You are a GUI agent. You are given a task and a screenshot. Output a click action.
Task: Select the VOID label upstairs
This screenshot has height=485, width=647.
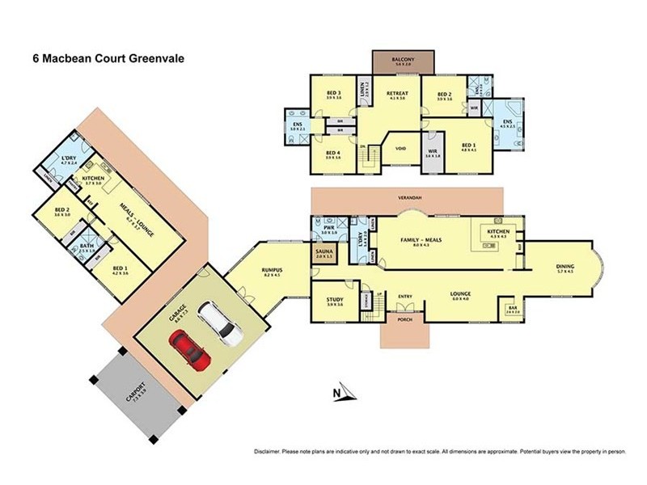(x=400, y=149)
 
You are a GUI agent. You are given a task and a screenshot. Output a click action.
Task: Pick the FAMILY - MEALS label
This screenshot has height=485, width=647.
(x=421, y=240)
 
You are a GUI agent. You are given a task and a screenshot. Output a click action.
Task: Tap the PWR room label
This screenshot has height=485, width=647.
(x=328, y=229)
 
